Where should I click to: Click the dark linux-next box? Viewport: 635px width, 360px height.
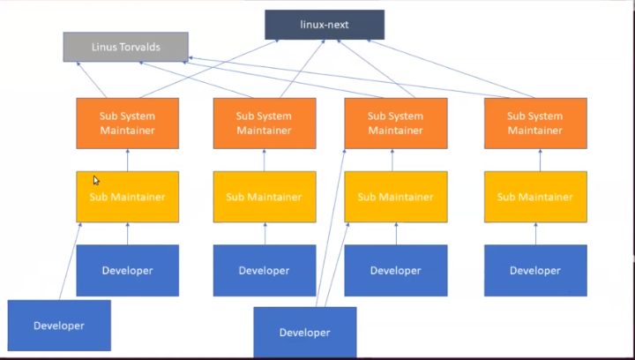(325, 25)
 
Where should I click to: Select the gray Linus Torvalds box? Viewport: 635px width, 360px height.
(125, 47)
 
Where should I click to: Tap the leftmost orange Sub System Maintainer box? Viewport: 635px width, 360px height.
(127, 123)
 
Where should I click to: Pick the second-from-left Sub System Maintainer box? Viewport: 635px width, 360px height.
(265, 123)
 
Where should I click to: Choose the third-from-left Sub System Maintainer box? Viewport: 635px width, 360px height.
(395, 123)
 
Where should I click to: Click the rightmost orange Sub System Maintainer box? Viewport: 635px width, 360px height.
(534, 123)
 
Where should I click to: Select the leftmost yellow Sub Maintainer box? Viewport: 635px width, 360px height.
(127, 197)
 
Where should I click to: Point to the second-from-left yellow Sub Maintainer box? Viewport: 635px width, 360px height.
(265, 197)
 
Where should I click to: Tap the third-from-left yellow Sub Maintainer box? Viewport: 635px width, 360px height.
(395, 197)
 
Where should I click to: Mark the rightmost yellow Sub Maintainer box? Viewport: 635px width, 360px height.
(534, 197)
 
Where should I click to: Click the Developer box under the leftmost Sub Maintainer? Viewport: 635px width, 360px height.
(127, 270)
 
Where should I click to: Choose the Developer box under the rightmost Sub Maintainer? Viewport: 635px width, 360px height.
(534, 270)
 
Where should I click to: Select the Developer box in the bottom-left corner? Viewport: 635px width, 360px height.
(59, 326)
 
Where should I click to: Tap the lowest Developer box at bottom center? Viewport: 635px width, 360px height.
(304, 333)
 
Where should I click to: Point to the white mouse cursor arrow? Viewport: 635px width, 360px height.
(96, 180)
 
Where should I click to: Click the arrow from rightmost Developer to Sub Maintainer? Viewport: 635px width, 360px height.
(534, 234)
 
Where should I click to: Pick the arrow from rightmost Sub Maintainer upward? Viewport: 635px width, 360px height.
(534, 160)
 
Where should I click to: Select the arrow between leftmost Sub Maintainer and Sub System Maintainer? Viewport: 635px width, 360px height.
(127, 160)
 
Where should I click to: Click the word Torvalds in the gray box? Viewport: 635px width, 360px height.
(141, 47)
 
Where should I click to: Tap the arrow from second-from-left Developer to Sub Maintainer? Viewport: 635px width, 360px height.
(265, 234)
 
